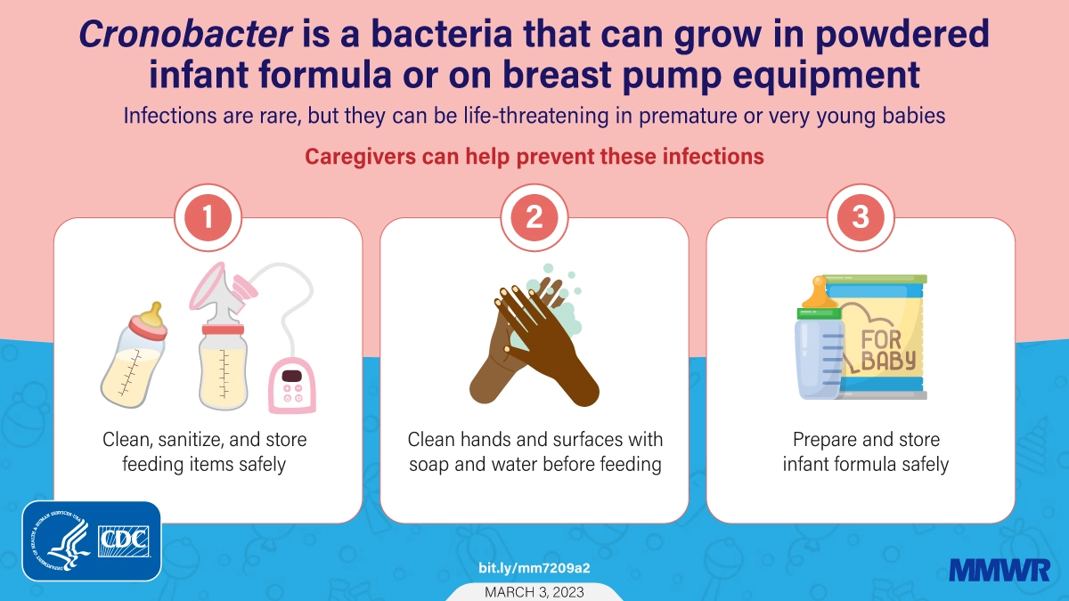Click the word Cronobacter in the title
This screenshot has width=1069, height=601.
pos(185,34)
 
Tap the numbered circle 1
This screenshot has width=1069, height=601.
pos(208,217)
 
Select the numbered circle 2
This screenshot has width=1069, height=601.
pos(534,217)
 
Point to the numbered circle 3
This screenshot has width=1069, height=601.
pos(861,217)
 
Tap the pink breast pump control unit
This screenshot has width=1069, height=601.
pos(292,386)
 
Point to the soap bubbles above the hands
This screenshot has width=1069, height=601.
pos(559,296)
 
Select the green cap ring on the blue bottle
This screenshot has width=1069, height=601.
pos(819,313)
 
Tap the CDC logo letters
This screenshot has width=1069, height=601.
pos(124,541)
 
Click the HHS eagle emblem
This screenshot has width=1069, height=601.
pos(61,541)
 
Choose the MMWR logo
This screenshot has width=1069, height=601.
pos(1000,570)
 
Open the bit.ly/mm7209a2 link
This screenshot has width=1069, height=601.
pos(534,568)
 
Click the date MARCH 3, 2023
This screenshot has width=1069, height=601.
pos(534,592)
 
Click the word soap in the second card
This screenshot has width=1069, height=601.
pos(429,464)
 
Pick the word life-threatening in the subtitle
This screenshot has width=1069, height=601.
pos(536,116)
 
